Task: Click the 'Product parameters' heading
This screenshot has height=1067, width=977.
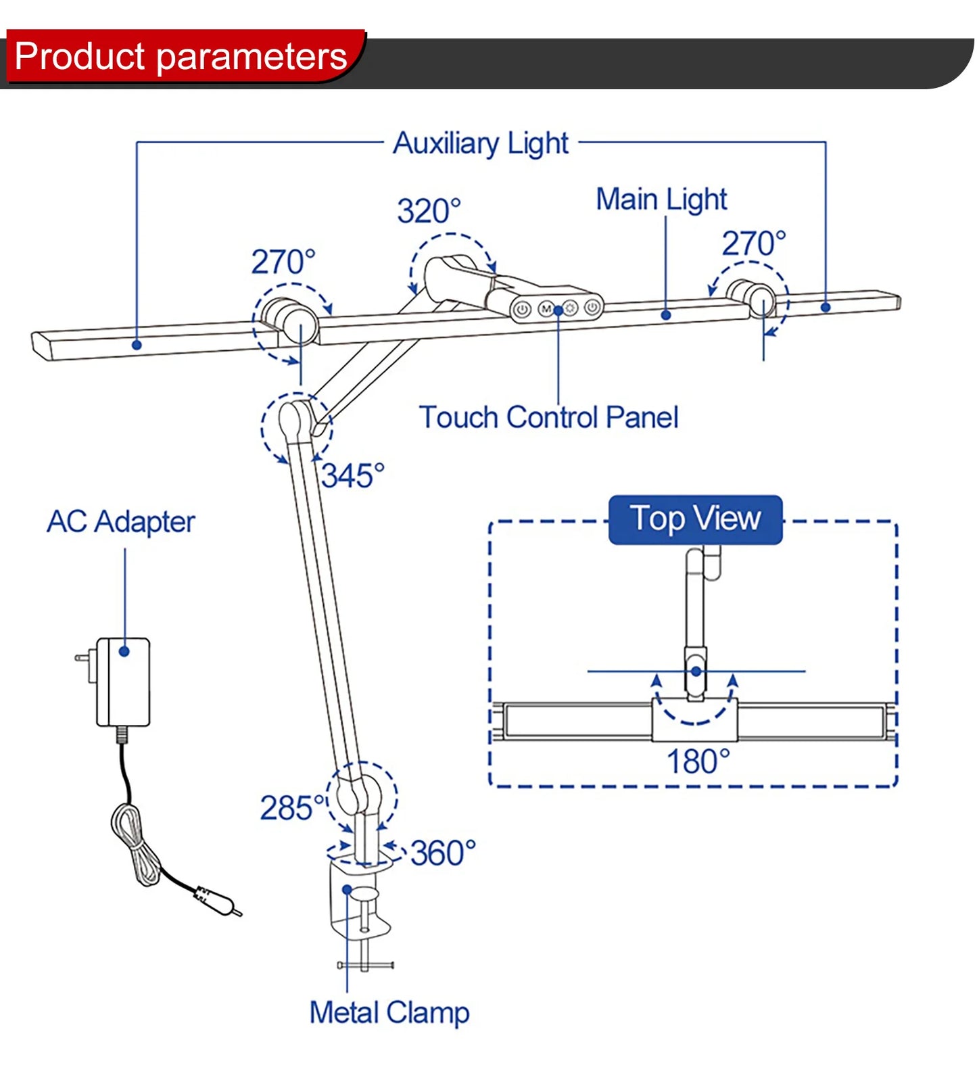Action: pos(181,56)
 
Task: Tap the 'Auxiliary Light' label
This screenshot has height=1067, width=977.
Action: pos(481,143)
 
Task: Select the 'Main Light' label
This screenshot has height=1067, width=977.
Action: pos(661,199)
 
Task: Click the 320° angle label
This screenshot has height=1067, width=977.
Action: pos(429,212)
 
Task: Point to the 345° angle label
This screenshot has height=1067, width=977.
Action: pos(352,476)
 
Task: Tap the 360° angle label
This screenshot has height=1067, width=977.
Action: pos(443,853)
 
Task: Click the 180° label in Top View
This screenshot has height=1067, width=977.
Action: pos(698,762)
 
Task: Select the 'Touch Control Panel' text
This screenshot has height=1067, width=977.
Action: pos(548,417)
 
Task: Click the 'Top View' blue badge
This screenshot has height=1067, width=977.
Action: pos(695,519)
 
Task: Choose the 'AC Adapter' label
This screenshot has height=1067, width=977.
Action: pos(121,522)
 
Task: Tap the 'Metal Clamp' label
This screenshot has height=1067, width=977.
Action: pos(389,1013)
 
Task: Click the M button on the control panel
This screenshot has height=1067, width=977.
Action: pos(546,309)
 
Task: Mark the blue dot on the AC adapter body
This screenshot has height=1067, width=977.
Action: pos(124,651)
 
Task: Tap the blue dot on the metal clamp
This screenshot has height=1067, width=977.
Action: pos(347,889)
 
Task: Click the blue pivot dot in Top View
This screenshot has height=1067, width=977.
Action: pos(696,671)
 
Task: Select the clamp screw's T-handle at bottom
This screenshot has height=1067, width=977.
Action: pos(365,965)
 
